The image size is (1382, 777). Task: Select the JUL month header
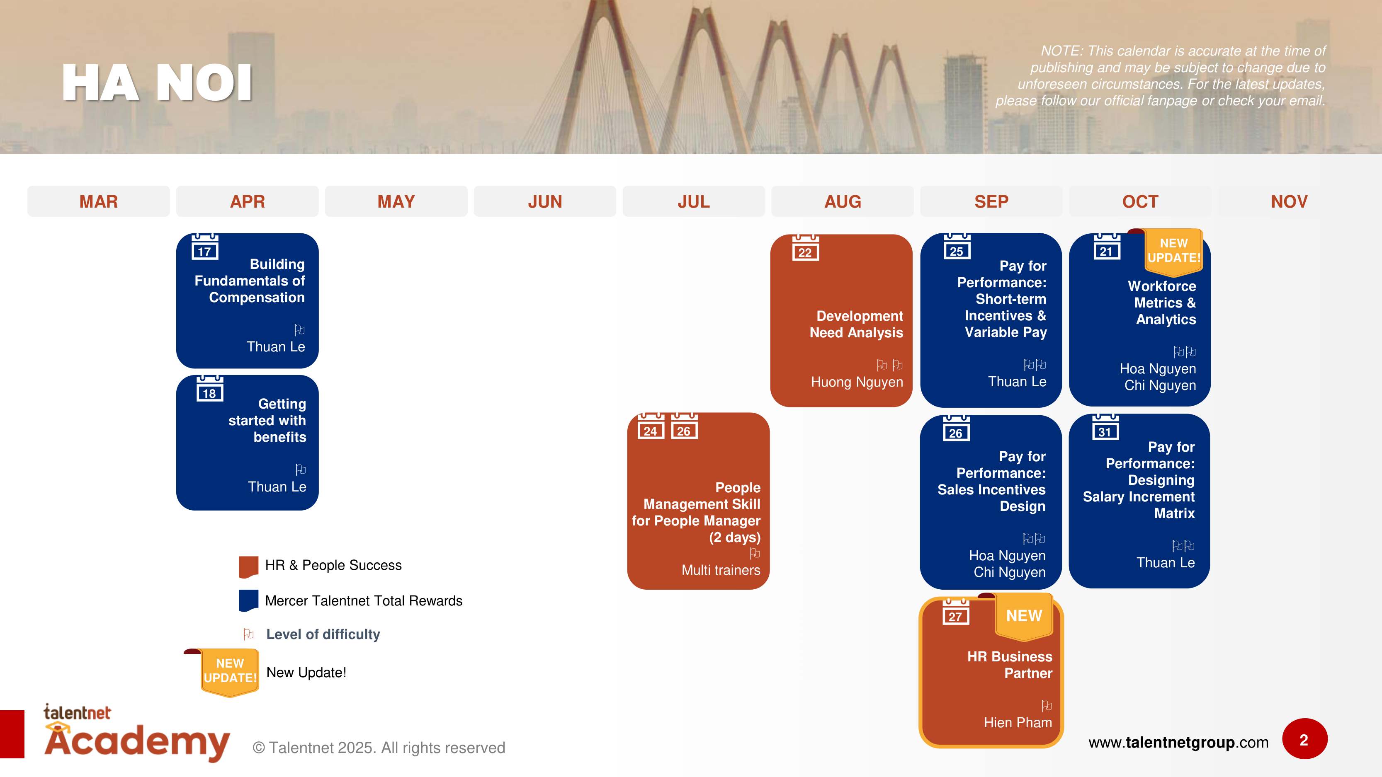693,202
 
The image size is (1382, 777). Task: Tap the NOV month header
1289,202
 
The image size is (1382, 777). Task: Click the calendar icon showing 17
204,248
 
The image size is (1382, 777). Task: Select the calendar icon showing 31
1105,428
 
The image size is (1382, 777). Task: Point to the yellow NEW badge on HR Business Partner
1024,617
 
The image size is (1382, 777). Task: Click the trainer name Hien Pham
1017,722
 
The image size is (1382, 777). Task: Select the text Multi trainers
721,570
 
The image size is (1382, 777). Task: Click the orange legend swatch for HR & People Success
248,566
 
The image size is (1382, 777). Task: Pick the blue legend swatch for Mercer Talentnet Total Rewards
248,600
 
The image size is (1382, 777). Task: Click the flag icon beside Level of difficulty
248,634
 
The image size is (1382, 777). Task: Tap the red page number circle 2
1304,739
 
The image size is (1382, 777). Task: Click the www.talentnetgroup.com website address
1178,742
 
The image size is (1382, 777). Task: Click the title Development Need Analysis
856,324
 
